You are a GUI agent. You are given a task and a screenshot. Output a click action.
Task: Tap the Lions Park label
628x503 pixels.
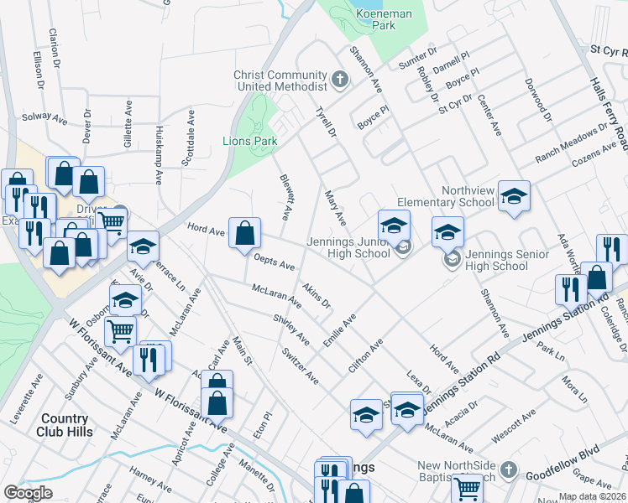[250, 142]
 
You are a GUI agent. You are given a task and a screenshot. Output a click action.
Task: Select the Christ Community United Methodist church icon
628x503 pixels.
[340, 80]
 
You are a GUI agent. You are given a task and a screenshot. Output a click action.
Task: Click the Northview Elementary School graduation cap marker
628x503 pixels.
[514, 196]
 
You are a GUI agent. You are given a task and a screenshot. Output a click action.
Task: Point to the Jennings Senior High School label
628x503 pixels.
[497, 261]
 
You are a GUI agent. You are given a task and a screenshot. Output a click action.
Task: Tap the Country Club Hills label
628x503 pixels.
[63, 425]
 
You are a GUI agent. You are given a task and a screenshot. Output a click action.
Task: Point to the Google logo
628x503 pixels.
[28, 493]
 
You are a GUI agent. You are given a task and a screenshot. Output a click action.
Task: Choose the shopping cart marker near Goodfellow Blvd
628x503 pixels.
[467, 487]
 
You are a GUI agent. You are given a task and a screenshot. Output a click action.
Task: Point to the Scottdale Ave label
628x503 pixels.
[192, 133]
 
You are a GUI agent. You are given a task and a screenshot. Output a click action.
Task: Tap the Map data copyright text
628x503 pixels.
[591, 496]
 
